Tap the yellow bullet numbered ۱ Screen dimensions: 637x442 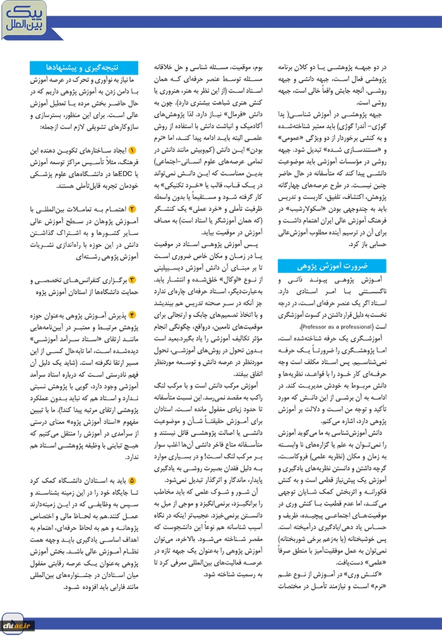[x=132, y=152]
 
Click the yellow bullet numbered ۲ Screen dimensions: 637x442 [x=132, y=208]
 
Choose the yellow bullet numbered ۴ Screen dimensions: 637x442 [x=132, y=315]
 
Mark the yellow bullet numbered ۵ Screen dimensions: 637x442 [x=132, y=480]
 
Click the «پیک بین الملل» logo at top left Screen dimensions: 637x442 [x=22, y=19]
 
